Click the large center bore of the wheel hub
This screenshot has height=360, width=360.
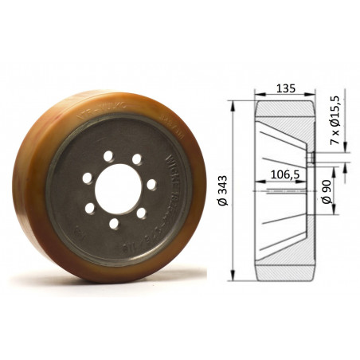click(117, 188)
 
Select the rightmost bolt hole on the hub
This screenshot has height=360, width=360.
click(151, 184)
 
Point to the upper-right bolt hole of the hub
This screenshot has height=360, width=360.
click(137, 159)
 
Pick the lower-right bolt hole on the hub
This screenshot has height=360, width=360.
click(141, 213)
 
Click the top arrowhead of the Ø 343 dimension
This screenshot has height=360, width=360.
click(231, 104)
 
